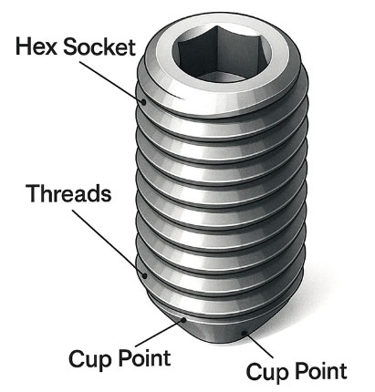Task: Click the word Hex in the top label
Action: point(36,46)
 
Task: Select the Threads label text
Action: point(68,193)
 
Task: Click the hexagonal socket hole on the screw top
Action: point(222,54)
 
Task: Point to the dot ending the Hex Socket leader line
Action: point(144,102)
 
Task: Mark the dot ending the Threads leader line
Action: point(145,275)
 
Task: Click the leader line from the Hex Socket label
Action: point(111,82)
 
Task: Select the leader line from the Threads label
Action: point(109,242)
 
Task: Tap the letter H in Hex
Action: point(23,46)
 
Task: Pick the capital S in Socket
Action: point(70,47)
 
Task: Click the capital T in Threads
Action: point(34,193)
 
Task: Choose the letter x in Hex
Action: point(50,49)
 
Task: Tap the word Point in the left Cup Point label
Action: point(144,357)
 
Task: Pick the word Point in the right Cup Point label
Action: point(321,370)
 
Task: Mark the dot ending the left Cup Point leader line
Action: point(183,319)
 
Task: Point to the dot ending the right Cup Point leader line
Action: point(244,334)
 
